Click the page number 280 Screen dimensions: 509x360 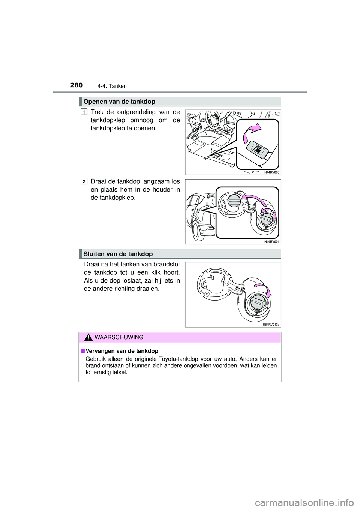pyautogui.click(x=76, y=85)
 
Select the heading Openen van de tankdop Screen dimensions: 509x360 pyautogui.click(x=119, y=102)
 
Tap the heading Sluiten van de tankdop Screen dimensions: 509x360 pyautogui.click(x=118, y=254)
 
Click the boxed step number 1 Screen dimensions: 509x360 pyautogui.click(x=84, y=111)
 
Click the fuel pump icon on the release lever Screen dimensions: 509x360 pyautogui.click(x=258, y=149)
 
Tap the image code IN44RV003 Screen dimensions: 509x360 pyautogui.click(x=272, y=172)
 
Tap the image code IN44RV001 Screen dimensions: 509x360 pyautogui.click(x=272, y=242)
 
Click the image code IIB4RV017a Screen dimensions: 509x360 pyautogui.click(x=271, y=325)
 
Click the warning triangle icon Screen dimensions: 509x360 pyautogui.click(x=88, y=338)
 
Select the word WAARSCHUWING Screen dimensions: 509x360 pyautogui.click(x=119, y=337)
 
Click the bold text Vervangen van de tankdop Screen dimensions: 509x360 pyautogui.click(x=122, y=351)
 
